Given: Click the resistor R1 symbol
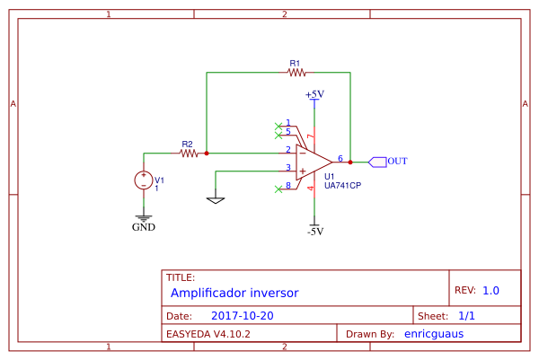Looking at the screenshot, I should [x=296, y=73].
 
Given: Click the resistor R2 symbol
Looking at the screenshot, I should [x=188, y=154].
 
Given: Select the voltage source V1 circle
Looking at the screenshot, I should [x=143, y=180].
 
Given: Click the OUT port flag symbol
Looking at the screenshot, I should [x=377, y=162].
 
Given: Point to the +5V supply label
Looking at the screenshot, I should [x=314, y=93].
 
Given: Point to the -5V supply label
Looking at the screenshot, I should [x=314, y=231].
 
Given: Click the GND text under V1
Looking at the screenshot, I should [x=143, y=227].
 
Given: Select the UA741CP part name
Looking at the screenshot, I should [x=343, y=186].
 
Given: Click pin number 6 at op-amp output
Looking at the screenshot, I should [x=340, y=157].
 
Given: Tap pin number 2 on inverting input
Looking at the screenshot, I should [x=288, y=149].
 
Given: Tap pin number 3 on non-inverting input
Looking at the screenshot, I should [x=288, y=167].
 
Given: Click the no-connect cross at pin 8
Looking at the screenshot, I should [x=278, y=189].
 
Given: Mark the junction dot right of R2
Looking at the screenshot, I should [x=207, y=154].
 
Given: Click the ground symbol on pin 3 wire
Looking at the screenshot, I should [x=215, y=199].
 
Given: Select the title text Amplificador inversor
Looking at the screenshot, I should [x=234, y=293].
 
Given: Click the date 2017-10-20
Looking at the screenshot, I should [x=242, y=316].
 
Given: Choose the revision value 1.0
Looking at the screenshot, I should [x=490, y=291].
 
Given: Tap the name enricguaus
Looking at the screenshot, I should [x=434, y=333].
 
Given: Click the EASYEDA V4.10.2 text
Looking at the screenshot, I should [x=208, y=333].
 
